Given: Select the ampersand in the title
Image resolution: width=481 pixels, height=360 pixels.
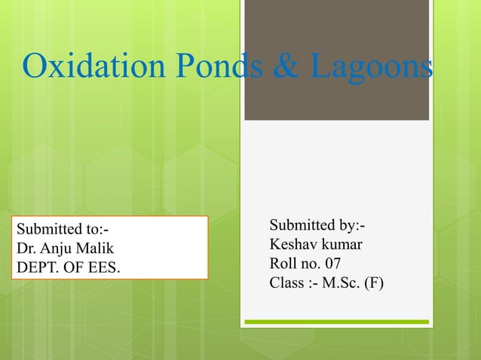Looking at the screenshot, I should pos(283,69).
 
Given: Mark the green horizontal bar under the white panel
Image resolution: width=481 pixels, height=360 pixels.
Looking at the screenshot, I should pos(336,322).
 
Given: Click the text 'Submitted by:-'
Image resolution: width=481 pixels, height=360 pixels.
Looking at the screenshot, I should pos(317,226).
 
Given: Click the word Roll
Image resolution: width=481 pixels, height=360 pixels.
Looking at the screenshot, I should pos(283,264).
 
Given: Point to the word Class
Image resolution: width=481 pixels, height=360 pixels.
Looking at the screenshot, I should pos(286,284).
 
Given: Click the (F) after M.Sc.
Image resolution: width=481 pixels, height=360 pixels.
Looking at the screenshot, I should pos(374,284).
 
